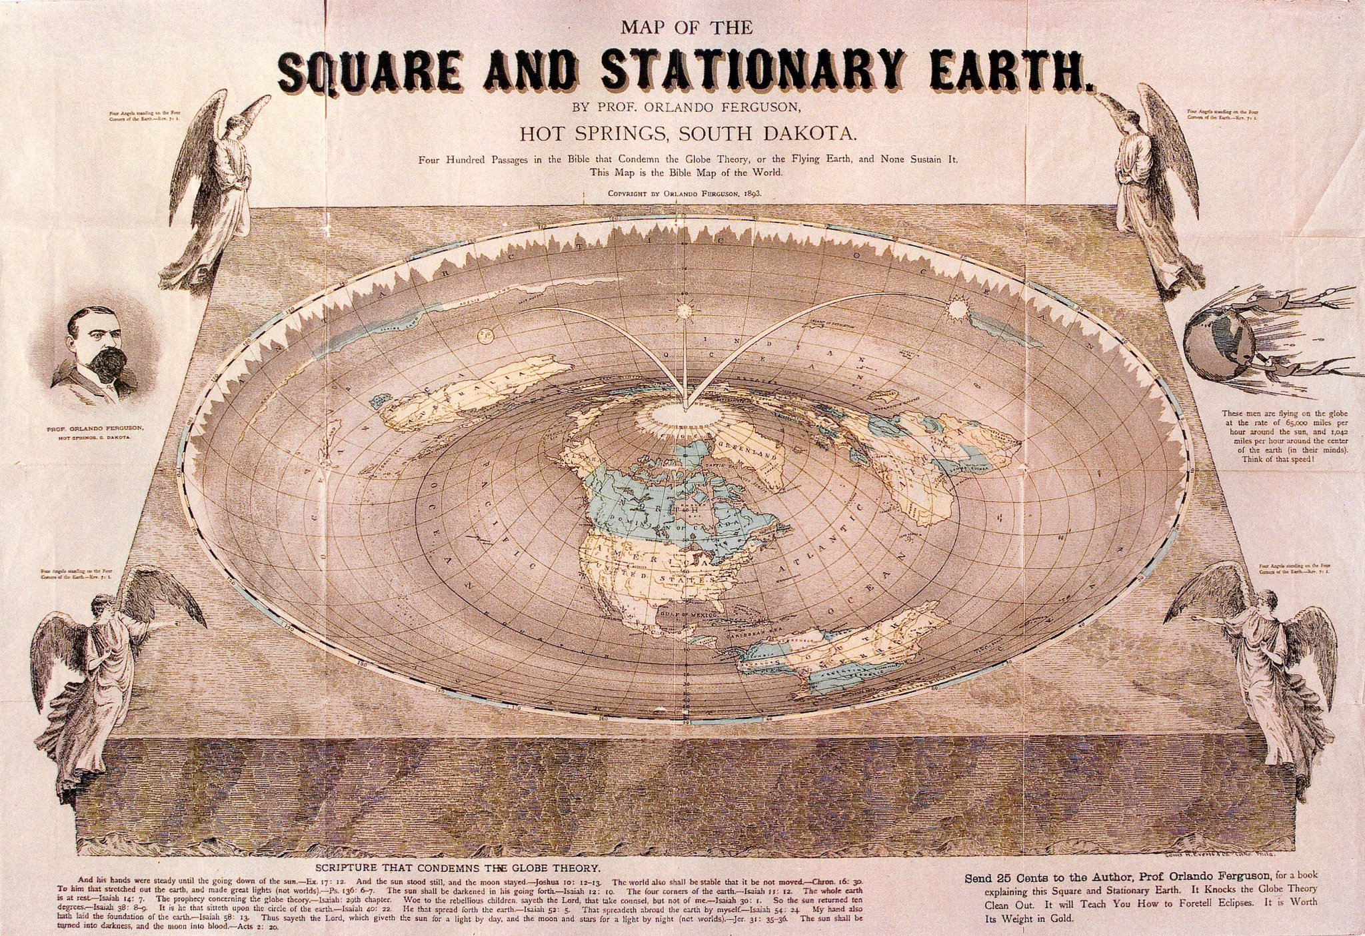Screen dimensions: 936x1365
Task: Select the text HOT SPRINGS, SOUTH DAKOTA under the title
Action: [x=687, y=134]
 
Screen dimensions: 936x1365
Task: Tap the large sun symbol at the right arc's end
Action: [x=958, y=307]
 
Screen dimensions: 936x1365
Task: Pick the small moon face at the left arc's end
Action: [x=484, y=338]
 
